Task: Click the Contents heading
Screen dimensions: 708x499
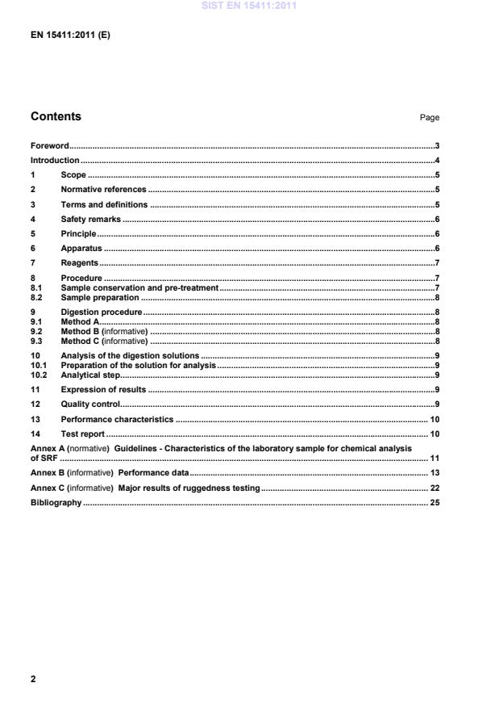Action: pos(56,116)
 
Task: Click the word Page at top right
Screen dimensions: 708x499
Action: pos(429,118)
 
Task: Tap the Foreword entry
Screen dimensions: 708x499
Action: pos(49,146)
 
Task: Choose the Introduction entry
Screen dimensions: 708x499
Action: pos(55,161)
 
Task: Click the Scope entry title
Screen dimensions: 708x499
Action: pos(73,175)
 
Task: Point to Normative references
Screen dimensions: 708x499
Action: pos(103,190)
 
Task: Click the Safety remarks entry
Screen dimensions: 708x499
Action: pos(90,220)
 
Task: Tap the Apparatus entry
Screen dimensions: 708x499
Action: pos(81,249)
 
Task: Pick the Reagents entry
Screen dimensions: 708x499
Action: pos(79,263)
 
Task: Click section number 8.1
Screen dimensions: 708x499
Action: pos(36,287)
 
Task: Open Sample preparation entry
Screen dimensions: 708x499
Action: pos(100,297)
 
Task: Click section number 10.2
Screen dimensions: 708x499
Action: pos(39,375)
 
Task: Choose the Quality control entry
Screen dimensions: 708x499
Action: pos(90,404)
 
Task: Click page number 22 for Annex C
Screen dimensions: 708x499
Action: pos(434,488)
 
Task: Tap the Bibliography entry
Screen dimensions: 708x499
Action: pos(56,503)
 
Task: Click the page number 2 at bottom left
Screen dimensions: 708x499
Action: pos(33,679)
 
